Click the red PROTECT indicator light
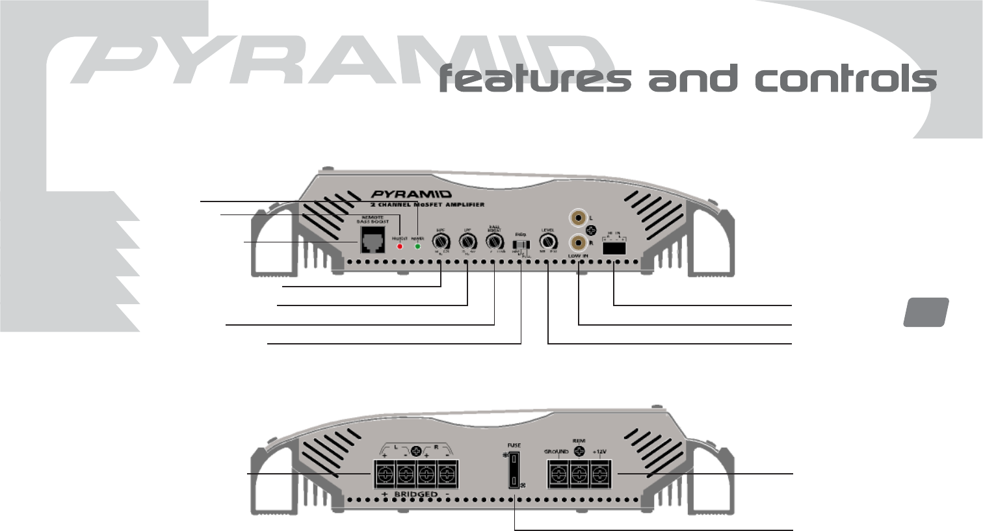[x=400, y=246]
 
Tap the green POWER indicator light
[x=417, y=246]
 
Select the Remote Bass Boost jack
[x=373, y=242]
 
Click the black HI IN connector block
[x=614, y=247]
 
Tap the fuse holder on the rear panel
[x=514, y=471]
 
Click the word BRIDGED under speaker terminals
[x=415, y=495]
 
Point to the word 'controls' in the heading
[x=845, y=79]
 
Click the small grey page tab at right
[x=926, y=311]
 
